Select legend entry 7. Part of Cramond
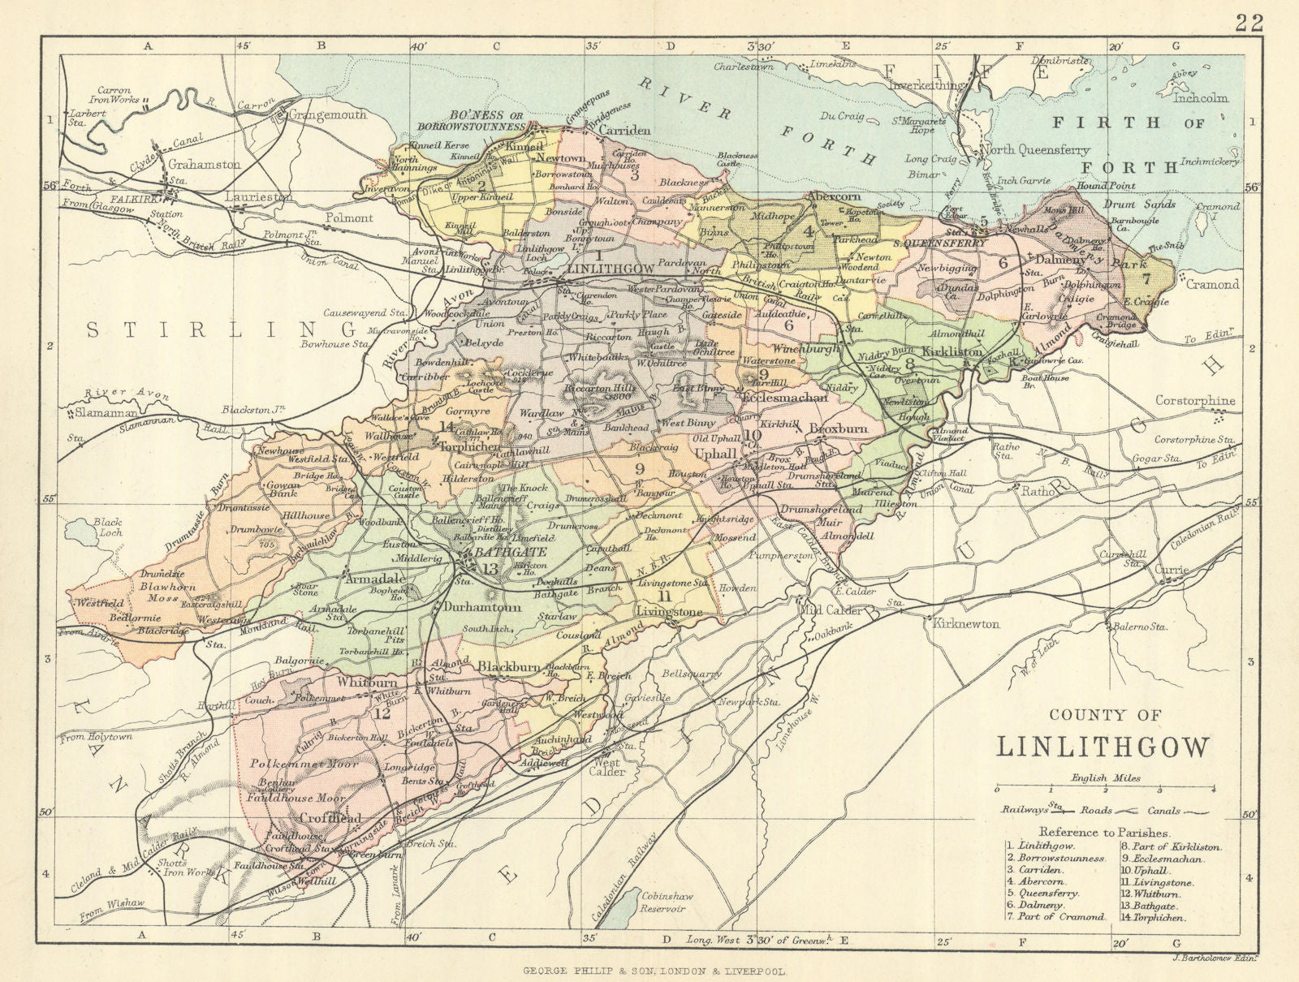1055,917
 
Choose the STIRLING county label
220,329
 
